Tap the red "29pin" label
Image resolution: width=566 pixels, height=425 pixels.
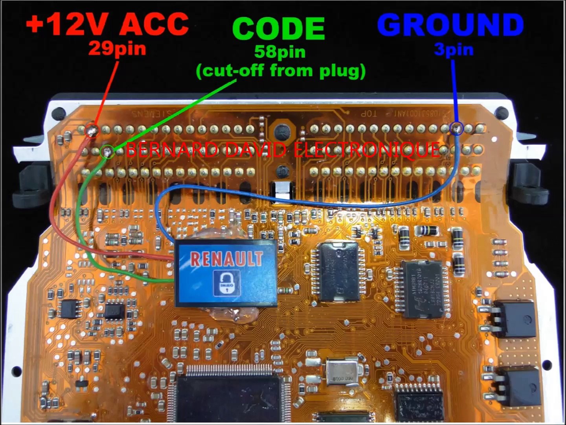pos(117,49)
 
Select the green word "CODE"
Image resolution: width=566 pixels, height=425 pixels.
pos(278,28)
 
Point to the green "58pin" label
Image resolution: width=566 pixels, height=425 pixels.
pos(279,52)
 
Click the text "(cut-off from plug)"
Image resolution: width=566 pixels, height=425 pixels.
pos(281,71)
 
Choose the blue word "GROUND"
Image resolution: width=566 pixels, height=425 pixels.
pos(450,24)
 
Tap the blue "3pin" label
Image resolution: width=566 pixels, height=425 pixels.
pos(454,50)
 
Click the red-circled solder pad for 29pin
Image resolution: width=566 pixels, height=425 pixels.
pos(92,129)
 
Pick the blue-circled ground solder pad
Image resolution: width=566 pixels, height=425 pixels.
pos(457,128)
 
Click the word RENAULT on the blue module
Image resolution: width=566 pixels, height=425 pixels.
pos(226,259)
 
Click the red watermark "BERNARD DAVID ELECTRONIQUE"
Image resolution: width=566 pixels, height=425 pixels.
pos(283,150)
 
